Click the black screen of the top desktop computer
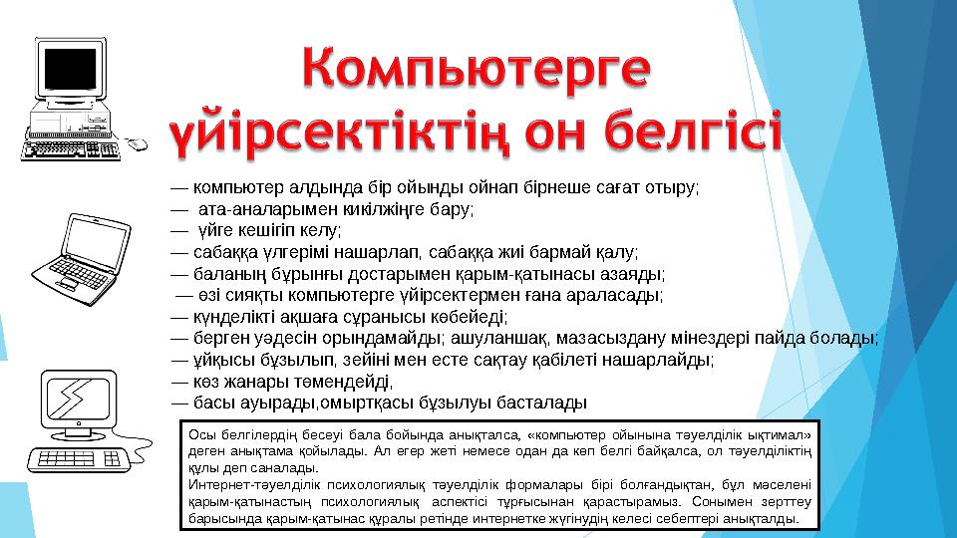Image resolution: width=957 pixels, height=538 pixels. [69, 69]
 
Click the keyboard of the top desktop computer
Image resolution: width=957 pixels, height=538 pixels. [70, 149]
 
